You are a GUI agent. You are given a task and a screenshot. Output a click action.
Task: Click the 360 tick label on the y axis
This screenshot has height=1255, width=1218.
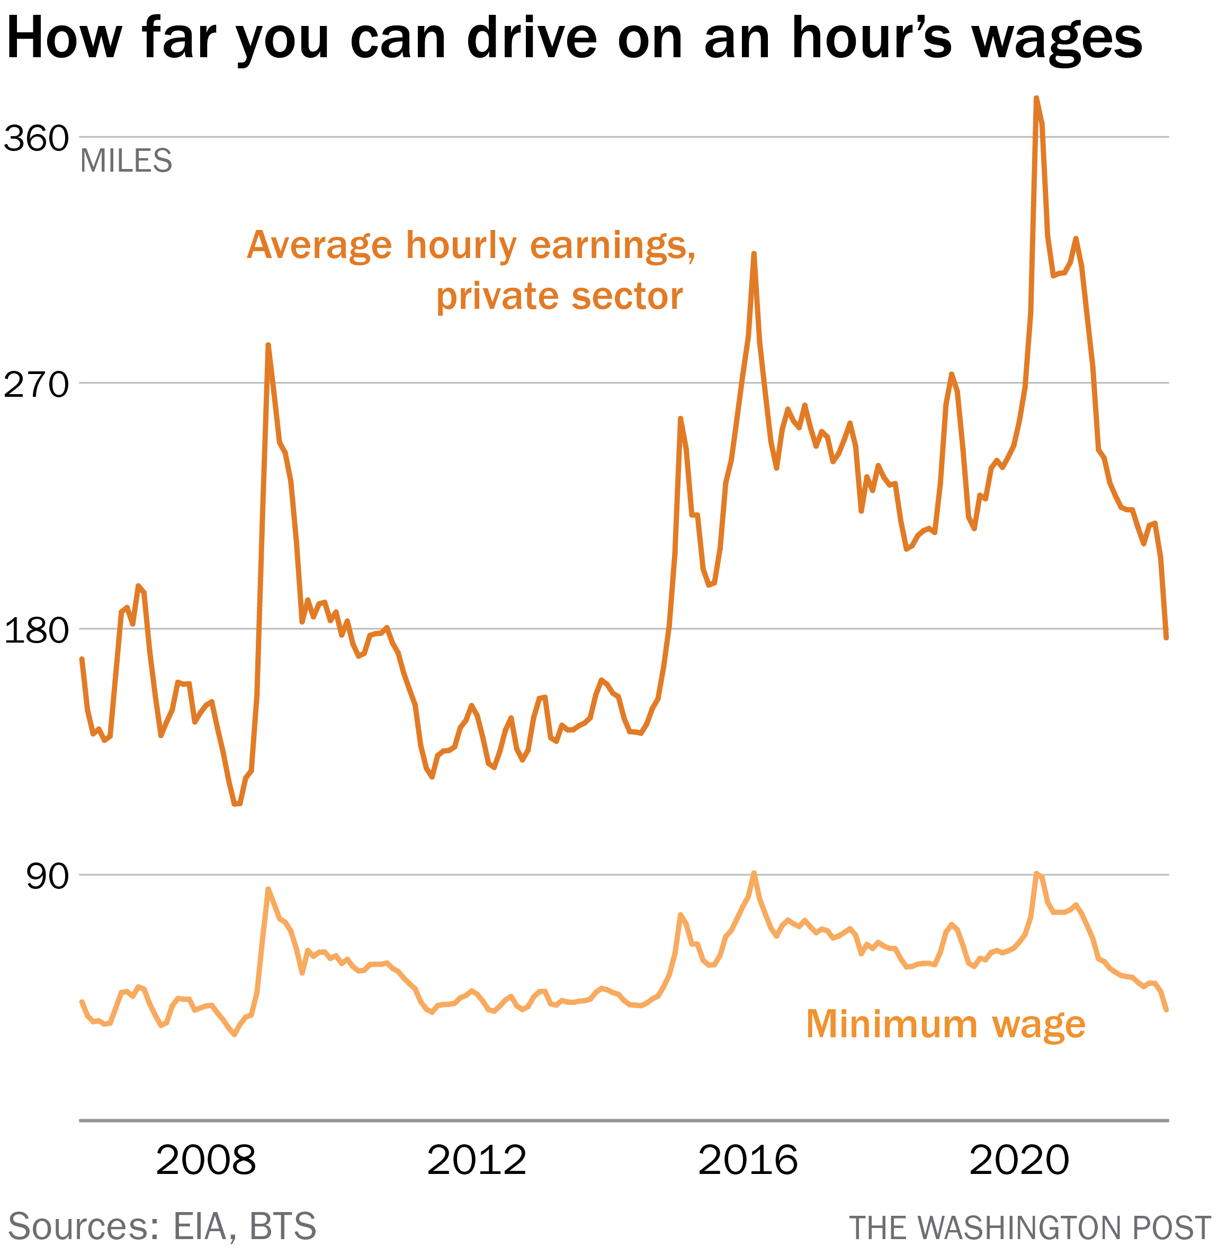36,138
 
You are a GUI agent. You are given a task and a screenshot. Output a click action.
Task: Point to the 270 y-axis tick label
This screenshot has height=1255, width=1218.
36,385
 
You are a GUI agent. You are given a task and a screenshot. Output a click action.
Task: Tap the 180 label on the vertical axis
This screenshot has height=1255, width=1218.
36,631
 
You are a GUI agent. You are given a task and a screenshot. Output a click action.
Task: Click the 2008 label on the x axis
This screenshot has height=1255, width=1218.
205,1160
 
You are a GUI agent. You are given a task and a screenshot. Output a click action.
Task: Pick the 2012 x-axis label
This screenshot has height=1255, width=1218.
477,1160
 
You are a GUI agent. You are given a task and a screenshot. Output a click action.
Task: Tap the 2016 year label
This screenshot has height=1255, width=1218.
748,1160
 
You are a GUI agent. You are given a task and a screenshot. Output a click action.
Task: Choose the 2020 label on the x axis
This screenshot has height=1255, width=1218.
1019,1160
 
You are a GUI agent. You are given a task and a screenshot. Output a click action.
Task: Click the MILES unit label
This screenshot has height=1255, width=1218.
126,161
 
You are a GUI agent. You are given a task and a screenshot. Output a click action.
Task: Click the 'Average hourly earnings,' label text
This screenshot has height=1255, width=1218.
471,245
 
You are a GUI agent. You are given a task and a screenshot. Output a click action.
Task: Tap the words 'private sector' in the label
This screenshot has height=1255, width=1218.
559,297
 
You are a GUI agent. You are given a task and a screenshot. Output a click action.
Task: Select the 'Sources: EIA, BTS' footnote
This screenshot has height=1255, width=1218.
163,1226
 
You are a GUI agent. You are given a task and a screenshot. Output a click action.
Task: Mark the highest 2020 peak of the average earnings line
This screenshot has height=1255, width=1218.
1036,99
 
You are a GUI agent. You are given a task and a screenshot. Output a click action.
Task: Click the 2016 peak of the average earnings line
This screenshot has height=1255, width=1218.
754,254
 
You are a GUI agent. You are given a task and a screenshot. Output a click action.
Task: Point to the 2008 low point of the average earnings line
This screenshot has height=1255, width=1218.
236,804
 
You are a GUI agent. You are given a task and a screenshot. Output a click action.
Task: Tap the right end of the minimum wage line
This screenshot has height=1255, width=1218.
1167,1010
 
